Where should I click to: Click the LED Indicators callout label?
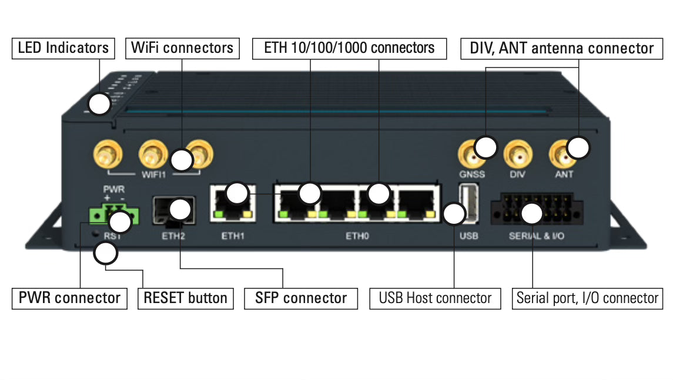point(63,48)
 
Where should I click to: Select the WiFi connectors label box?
point(182,48)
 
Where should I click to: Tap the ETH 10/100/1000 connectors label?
point(349,48)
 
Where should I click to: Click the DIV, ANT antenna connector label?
point(561,48)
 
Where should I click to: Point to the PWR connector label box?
point(69,298)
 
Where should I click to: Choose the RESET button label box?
point(185,298)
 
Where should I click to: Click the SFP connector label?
point(301,298)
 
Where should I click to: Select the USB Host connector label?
point(435,298)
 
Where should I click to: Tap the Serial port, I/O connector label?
point(587,298)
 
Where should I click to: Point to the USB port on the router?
point(469,203)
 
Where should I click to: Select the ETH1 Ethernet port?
point(232,203)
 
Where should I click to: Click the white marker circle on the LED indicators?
point(99,104)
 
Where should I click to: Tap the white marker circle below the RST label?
point(106,254)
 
